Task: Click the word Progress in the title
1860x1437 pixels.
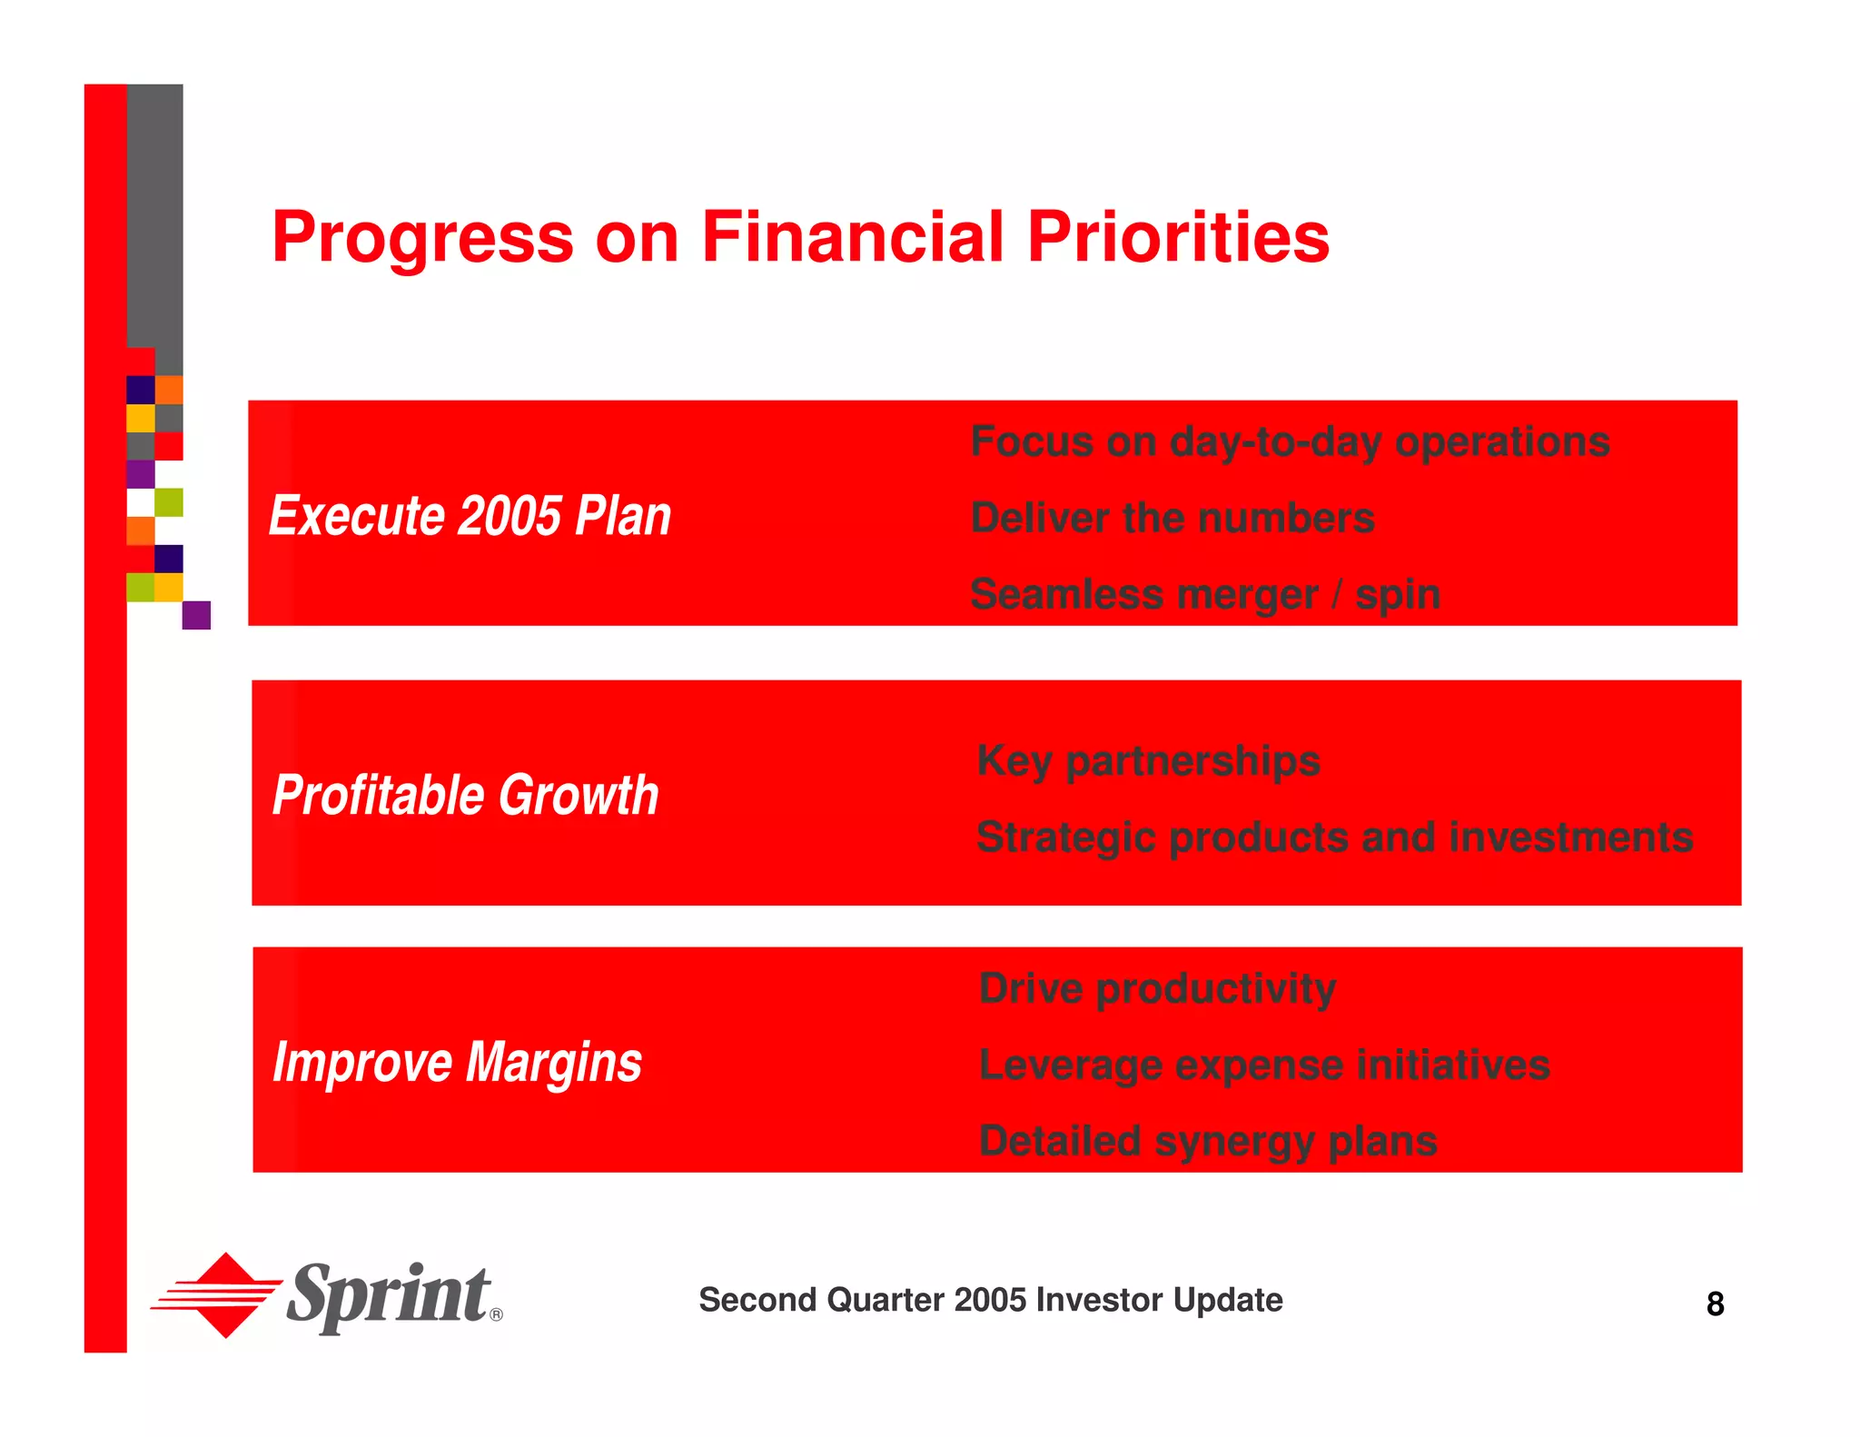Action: click(422, 238)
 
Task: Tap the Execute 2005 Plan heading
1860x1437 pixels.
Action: click(470, 516)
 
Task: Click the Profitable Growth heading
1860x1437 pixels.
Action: click(465, 795)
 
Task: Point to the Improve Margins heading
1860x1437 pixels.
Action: click(457, 1062)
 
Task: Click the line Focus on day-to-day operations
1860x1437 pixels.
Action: click(1289, 442)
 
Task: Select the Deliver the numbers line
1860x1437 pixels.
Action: click(1172, 519)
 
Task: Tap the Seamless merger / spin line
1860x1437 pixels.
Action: click(1204, 595)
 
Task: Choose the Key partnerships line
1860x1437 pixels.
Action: click(1147, 761)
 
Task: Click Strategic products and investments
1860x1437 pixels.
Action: click(1333, 837)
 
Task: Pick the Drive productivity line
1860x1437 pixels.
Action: click(1156, 989)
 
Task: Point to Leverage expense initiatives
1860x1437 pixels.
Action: click(1263, 1065)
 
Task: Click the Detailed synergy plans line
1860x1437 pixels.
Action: click(1207, 1142)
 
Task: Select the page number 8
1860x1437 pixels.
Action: click(1715, 1304)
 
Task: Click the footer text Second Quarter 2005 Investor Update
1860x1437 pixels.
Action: click(990, 1300)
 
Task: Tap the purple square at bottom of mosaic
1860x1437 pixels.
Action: click(196, 615)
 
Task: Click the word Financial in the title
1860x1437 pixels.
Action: click(852, 238)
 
